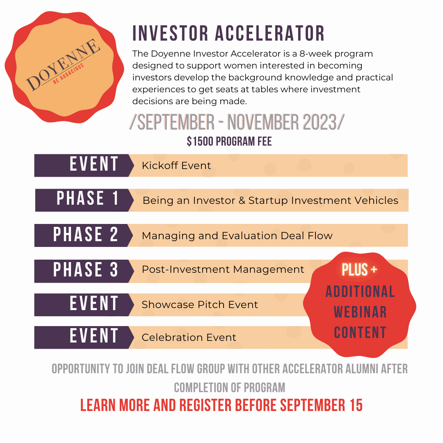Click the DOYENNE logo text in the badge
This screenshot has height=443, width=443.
(63, 65)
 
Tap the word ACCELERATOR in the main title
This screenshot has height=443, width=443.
(270, 33)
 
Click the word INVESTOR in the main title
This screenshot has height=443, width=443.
(170, 33)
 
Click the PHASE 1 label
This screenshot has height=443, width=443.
(87, 198)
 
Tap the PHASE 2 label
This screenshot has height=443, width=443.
(86, 234)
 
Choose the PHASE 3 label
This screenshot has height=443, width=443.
(86, 269)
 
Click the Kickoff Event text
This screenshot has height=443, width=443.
(176, 166)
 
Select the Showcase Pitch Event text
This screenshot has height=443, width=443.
(200, 304)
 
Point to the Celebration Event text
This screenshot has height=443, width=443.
(189, 337)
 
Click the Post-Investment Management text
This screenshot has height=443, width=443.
(223, 269)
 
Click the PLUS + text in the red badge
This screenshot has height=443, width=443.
(359, 269)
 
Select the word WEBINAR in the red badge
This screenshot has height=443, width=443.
(360, 312)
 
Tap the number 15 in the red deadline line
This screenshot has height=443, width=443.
(356, 405)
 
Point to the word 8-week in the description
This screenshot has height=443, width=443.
(315, 54)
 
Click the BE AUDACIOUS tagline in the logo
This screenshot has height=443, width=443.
(69, 73)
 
